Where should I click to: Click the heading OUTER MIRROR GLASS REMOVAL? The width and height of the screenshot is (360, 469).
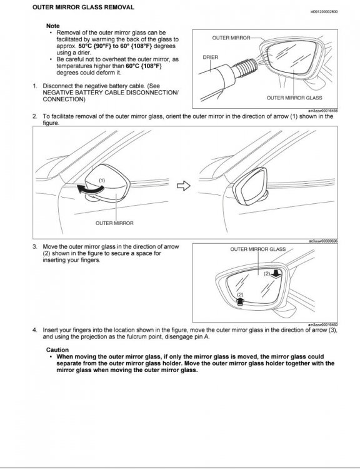click(83, 7)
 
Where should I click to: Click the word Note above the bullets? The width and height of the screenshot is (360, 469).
click(53, 26)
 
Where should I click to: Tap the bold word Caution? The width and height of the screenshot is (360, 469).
click(57, 350)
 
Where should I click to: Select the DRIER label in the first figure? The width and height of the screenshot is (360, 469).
click(211, 57)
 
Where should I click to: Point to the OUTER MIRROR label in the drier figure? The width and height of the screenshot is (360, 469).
click(231, 38)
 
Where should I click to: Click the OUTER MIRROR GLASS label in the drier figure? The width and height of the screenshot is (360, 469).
click(294, 98)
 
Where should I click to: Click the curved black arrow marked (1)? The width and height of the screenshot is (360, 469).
click(90, 190)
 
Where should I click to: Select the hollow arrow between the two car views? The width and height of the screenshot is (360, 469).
click(184, 186)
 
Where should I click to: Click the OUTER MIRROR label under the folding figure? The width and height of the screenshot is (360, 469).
click(114, 223)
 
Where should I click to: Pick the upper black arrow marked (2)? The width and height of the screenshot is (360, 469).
click(276, 274)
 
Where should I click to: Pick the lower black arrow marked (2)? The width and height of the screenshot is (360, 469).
click(241, 301)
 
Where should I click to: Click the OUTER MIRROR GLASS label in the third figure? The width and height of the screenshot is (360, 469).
click(258, 249)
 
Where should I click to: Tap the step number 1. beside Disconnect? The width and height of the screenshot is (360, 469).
click(35, 86)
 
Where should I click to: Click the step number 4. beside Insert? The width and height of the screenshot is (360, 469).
click(35, 330)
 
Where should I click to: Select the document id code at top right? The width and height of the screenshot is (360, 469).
click(324, 12)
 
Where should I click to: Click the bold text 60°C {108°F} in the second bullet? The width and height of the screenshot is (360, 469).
click(144, 66)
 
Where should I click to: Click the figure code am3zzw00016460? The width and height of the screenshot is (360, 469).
click(323, 325)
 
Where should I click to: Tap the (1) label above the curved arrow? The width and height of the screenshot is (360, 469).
click(102, 180)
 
